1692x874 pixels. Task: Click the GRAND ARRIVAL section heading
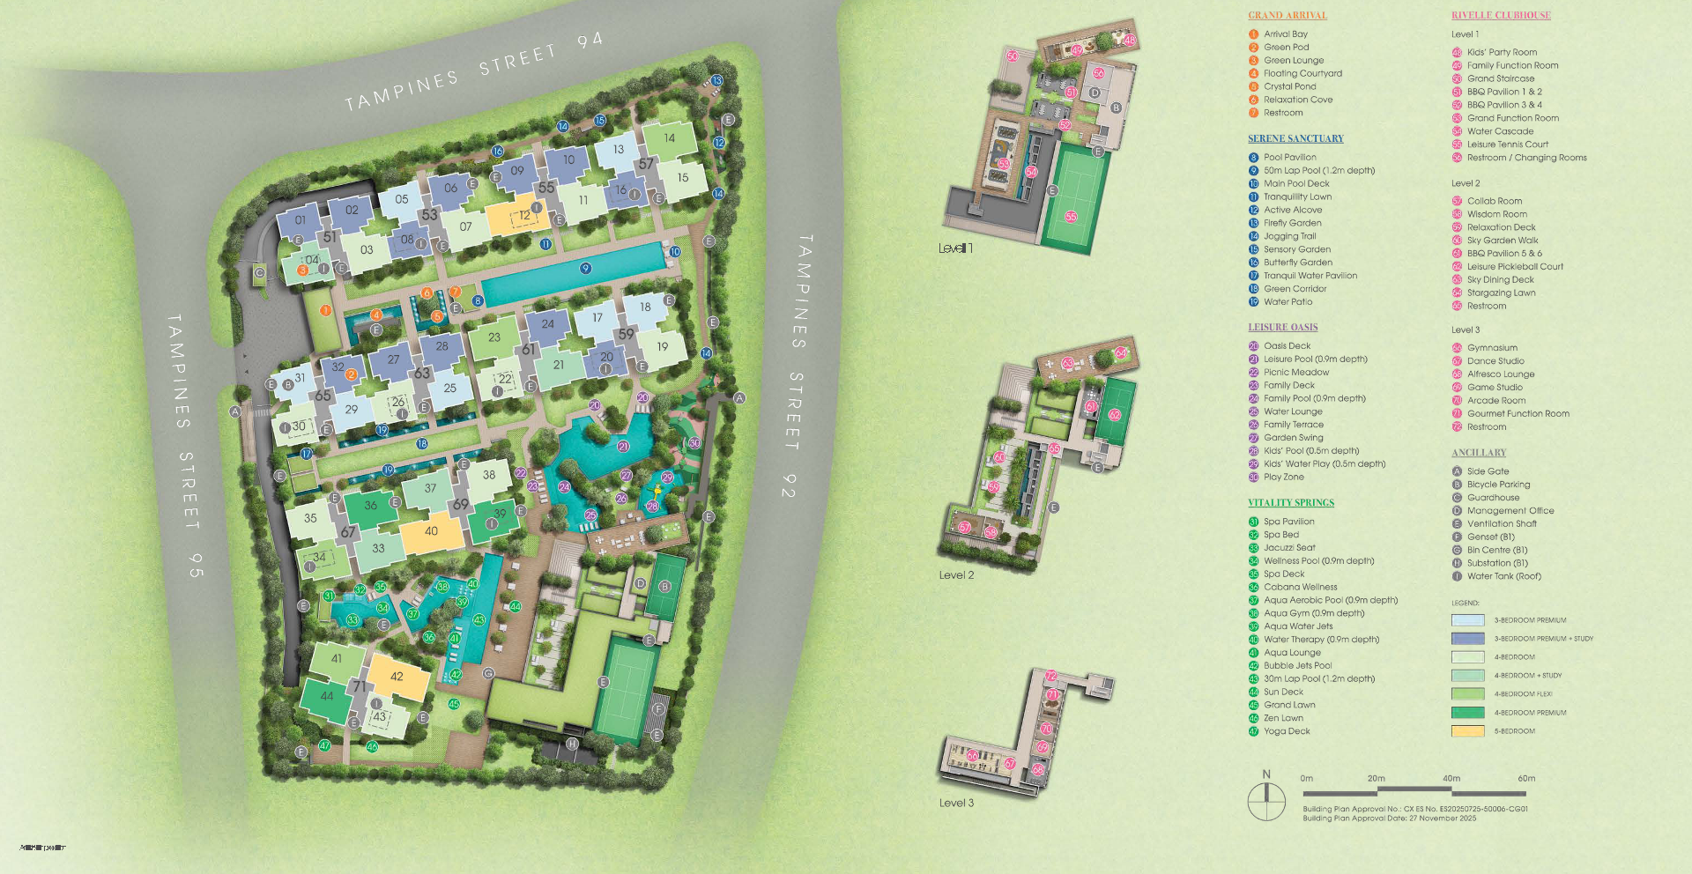click(x=1287, y=15)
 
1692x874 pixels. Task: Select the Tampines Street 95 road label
click(x=186, y=445)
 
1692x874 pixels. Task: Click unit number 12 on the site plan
click(x=524, y=216)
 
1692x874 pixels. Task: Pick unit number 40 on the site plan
click(x=431, y=531)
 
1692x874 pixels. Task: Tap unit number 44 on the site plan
click(x=327, y=696)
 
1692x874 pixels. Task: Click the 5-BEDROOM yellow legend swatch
click(x=1467, y=731)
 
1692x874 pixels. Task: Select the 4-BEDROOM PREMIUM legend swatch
click(x=1467, y=713)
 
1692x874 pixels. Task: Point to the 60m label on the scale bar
click(x=1526, y=779)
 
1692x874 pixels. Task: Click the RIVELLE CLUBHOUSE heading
click(x=1501, y=15)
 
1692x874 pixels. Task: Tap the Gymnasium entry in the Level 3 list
click(x=1492, y=348)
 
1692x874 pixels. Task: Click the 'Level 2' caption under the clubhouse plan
click(x=956, y=575)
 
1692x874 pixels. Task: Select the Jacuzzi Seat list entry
click(x=1289, y=548)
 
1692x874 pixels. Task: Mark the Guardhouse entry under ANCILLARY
click(x=1493, y=498)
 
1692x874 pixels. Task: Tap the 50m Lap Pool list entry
click(x=1318, y=171)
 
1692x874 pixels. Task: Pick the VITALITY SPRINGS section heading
click(x=1290, y=503)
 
